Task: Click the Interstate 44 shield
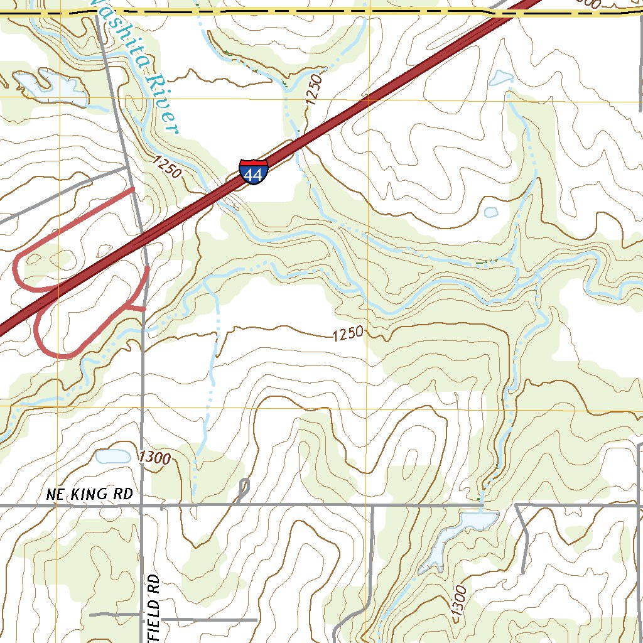click(254, 171)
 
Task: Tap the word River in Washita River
click(163, 104)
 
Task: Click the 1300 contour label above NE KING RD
click(155, 458)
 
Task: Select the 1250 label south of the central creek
click(348, 334)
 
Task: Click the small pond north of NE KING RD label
click(113, 457)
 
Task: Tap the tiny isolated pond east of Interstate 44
click(491, 212)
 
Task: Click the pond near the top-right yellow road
click(500, 78)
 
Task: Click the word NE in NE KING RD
click(55, 495)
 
